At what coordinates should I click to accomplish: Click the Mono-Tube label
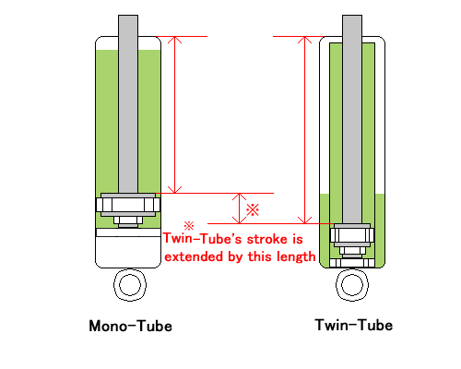(x=130, y=326)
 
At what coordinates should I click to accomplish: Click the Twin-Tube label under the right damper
(x=354, y=325)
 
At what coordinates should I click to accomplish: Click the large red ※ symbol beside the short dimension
(x=253, y=210)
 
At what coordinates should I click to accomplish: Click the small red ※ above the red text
(x=189, y=226)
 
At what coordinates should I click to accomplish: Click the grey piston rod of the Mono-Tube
(x=128, y=104)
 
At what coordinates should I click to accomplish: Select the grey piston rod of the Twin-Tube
(x=352, y=119)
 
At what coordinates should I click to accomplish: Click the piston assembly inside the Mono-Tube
(x=128, y=210)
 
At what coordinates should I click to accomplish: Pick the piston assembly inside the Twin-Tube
(x=352, y=241)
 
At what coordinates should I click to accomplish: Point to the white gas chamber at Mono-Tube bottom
(x=128, y=252)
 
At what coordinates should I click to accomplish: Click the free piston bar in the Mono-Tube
(x=128, y=232)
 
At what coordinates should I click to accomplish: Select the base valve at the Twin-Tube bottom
(x=352, y=263)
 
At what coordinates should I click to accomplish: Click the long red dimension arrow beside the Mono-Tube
(x=174, y=114)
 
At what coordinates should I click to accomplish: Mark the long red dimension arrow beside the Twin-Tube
(x=304, y=130)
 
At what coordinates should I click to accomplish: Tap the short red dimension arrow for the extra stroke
(x=240, y=208)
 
